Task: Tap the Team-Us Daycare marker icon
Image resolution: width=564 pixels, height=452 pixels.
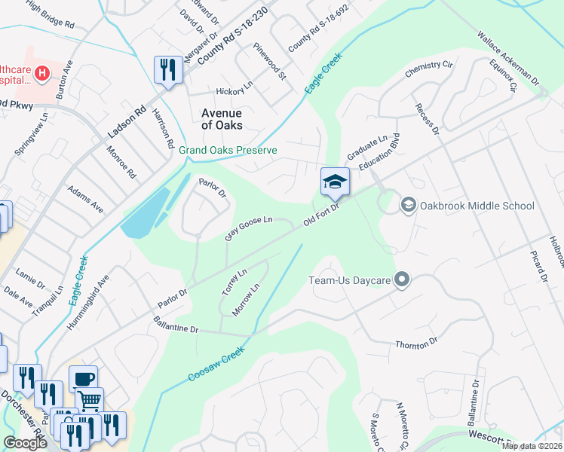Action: click(x=402, y=281)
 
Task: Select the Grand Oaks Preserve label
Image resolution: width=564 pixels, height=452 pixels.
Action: click(x=228, y=150)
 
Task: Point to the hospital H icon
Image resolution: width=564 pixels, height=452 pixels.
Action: click(x=43, y=73)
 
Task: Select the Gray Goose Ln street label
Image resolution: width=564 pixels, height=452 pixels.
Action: click(x=249, y=228)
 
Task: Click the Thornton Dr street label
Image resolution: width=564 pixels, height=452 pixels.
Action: click(x=416, y=344)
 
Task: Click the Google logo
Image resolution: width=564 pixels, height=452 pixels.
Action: click(x=26, y=443)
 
